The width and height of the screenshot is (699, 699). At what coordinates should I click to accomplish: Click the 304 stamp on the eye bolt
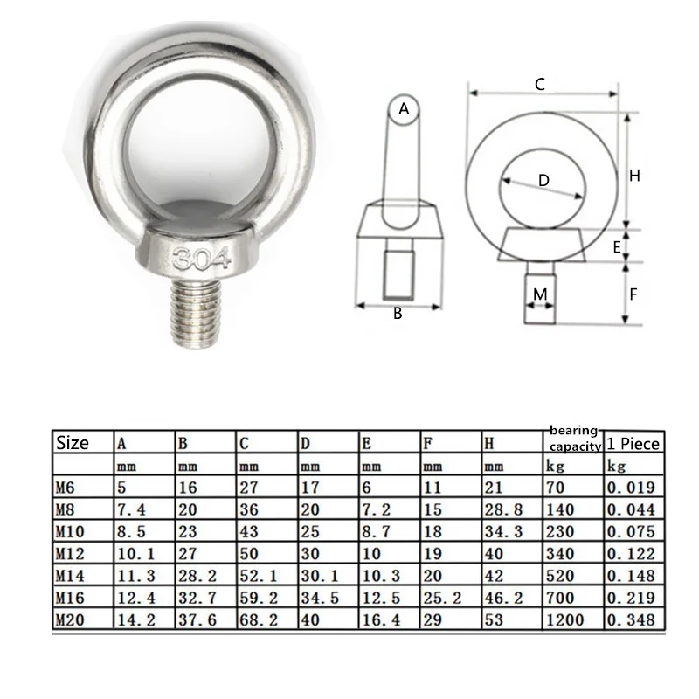click(x=202, y=259)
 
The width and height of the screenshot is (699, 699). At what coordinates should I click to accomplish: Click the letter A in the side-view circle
click(x=404, y=108)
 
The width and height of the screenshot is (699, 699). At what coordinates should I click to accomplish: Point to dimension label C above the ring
click(x=540, y=84)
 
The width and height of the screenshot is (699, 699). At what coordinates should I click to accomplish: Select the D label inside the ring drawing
click(x=543, y=181)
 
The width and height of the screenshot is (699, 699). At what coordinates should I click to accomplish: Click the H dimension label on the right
click(x=634, y=176)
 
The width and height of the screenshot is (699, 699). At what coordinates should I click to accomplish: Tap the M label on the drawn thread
click(x=540, y=294)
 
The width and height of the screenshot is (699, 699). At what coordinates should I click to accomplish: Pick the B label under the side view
click(x=398, y=314)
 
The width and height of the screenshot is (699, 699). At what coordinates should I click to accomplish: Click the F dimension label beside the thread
click(x=633, y=294)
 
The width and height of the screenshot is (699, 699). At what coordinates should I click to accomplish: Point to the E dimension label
click(x=617, y=247)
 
